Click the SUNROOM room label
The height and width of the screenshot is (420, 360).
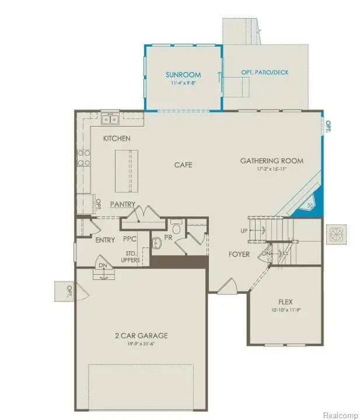183,75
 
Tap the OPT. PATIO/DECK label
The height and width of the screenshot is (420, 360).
264,72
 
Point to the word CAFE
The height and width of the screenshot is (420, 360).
183,164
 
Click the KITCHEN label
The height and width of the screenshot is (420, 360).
117,138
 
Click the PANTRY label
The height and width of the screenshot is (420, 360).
123,204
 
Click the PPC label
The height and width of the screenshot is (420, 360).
130,240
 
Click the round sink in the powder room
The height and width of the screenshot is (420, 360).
156,242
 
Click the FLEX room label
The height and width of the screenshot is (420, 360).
285,302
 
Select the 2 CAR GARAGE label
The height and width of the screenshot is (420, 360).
141,335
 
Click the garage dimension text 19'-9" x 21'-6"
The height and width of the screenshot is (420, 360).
141,344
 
